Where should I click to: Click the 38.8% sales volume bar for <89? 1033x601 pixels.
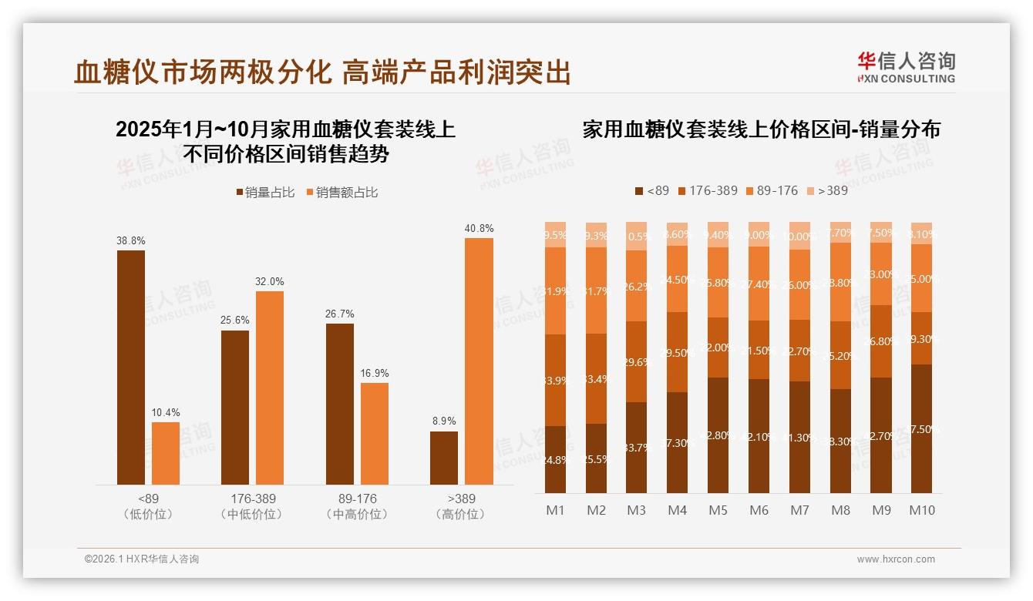[131, 367]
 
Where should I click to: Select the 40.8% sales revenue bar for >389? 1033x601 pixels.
[479, 361]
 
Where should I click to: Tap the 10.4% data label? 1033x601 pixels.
[165, 412]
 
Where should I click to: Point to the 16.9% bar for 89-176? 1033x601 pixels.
[375, 433]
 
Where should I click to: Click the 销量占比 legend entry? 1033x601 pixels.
[265, 193]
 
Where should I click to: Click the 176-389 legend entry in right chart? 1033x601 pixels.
[708, 190]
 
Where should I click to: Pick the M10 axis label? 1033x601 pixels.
[921, 510]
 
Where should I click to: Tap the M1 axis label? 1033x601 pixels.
[555, 510]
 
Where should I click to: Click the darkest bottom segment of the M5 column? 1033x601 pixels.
[718, 435]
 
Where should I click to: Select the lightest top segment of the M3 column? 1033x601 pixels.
[636, 236]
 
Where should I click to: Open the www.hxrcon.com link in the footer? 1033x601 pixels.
[896, 559]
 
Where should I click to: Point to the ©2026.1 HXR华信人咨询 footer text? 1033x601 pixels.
[142, 559]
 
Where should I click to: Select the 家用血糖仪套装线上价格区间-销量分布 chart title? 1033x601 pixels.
[761, 129]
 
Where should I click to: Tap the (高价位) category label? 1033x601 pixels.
[459, 514]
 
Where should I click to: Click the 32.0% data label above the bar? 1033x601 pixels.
[270, 281]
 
